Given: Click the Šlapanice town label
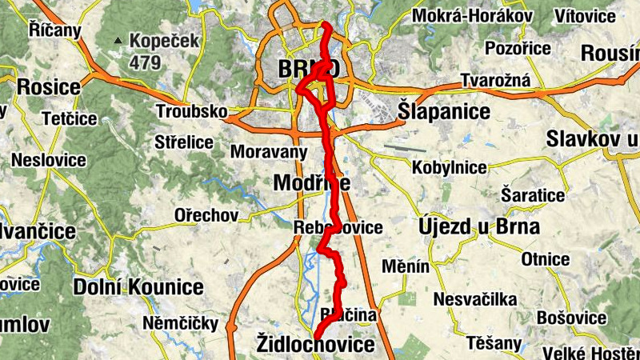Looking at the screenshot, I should pyautogui.click(x=444, y=112).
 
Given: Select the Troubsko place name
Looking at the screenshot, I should pyautogui.click(x=192, y=111).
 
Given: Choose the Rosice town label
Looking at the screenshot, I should pyautogui.click(x=49, y=86).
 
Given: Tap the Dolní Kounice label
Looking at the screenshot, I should pyautogui.click(x=138, y=287).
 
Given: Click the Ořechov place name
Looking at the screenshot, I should pyautogui.click(x=206, y=215).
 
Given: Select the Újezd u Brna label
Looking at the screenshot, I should pyautogui.click(x=478, y=226).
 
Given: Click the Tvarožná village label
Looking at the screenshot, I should pyautogui.click(x=490, y=82).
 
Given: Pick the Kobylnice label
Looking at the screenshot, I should pyautogui.click(x=449, y=168).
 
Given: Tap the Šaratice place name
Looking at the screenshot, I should pyautogui.click(x=532, y=195).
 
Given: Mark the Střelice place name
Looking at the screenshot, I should pyautogui.click(x=185, y=142).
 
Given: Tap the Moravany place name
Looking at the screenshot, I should pyautogui.click(x=269, y=150).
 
